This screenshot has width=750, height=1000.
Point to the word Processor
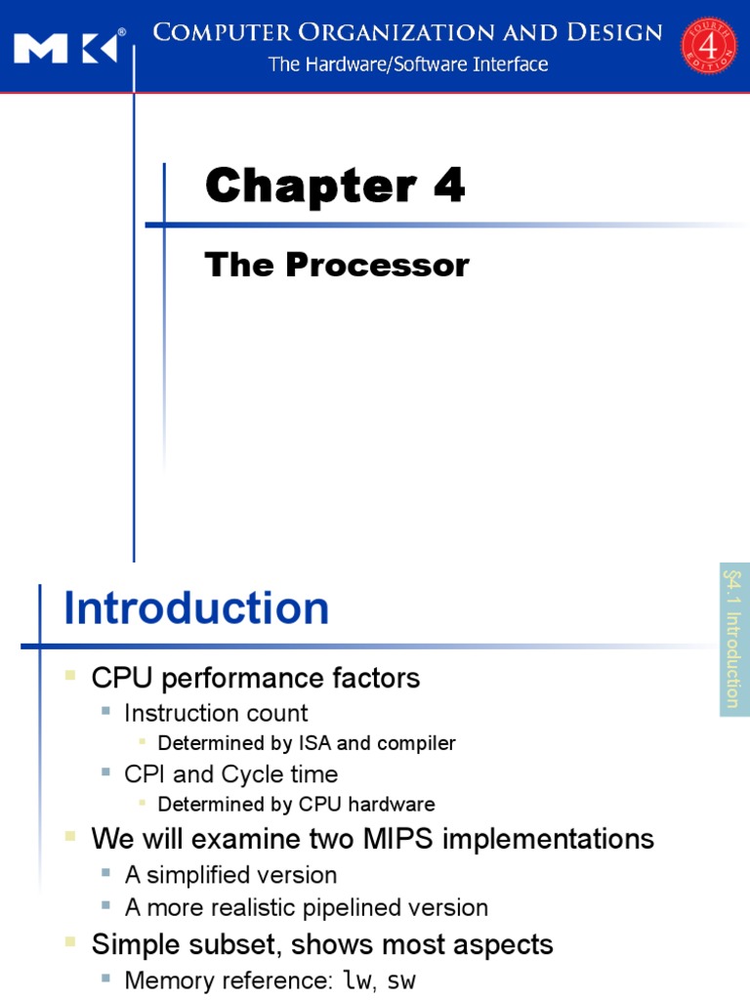click(x=377, y=265)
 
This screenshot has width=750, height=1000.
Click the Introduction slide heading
click(x=196, y=608)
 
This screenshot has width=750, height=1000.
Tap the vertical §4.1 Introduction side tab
click(x=733, y=638)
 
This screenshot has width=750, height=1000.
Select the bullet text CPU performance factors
click(x=255, y=678)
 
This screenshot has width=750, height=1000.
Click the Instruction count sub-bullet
click(x=216, y=713)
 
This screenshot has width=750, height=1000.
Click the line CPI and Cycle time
click(x=230, y=774)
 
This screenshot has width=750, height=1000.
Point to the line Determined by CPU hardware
click(x=296, y=805)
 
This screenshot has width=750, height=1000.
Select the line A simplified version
click(x=230, y=875)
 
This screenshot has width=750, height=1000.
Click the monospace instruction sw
click(x=401, y=980)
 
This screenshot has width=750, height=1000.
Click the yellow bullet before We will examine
click(x=69, y=837)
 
